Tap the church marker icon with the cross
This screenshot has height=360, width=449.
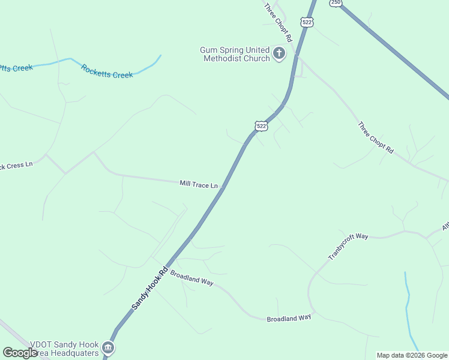click(x=279, y=54)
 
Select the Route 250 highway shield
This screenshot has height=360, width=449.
click(x=336, y=3)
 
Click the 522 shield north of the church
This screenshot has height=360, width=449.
click(x=307, y=22)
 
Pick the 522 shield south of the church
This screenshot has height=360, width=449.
click(x=261, y=125)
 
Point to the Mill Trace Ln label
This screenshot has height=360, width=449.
click(x=199, y=184)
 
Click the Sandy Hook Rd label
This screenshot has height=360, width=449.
click(x=148, y=289)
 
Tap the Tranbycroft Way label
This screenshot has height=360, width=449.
click(x=348, y=246)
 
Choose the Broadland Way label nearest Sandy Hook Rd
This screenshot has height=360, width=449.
click(x=191, y=277)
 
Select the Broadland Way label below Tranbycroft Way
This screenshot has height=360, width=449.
click(x=289, y=317)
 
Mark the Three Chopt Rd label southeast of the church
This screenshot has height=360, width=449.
click(x=375, y=138)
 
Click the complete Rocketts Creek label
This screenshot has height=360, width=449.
click(x=107, y=71)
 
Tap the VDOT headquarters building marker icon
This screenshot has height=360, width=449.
click(x=108, y=347)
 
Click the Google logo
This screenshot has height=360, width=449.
click(x=20, y=353)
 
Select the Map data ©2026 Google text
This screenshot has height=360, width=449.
click(x=412, y=355)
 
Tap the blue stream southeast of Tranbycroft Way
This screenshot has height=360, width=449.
click(x=408, y=306)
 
